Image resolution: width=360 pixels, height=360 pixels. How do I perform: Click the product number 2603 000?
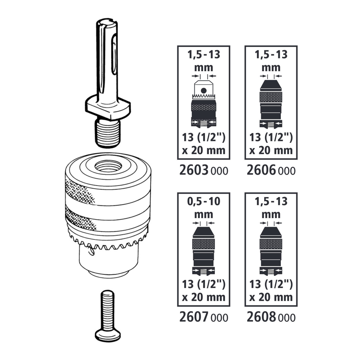203,171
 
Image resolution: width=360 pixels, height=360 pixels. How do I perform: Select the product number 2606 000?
271,171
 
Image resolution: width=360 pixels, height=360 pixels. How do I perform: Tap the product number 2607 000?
203,317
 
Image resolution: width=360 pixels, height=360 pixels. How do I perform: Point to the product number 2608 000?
271,317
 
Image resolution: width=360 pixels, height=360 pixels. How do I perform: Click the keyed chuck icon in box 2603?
204,102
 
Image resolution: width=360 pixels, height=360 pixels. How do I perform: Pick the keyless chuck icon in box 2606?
271,102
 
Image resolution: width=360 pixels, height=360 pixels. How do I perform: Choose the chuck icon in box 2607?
204,249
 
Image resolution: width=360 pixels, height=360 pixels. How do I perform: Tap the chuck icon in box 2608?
271,249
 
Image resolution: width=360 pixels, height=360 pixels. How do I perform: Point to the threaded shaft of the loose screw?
108,309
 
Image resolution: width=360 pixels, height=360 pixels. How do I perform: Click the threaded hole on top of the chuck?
108,166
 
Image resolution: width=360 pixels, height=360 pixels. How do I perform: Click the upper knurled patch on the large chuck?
78,191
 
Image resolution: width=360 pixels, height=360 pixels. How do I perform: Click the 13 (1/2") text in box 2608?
271,283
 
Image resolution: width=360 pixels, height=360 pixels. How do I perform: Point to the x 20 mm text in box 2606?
271,150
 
